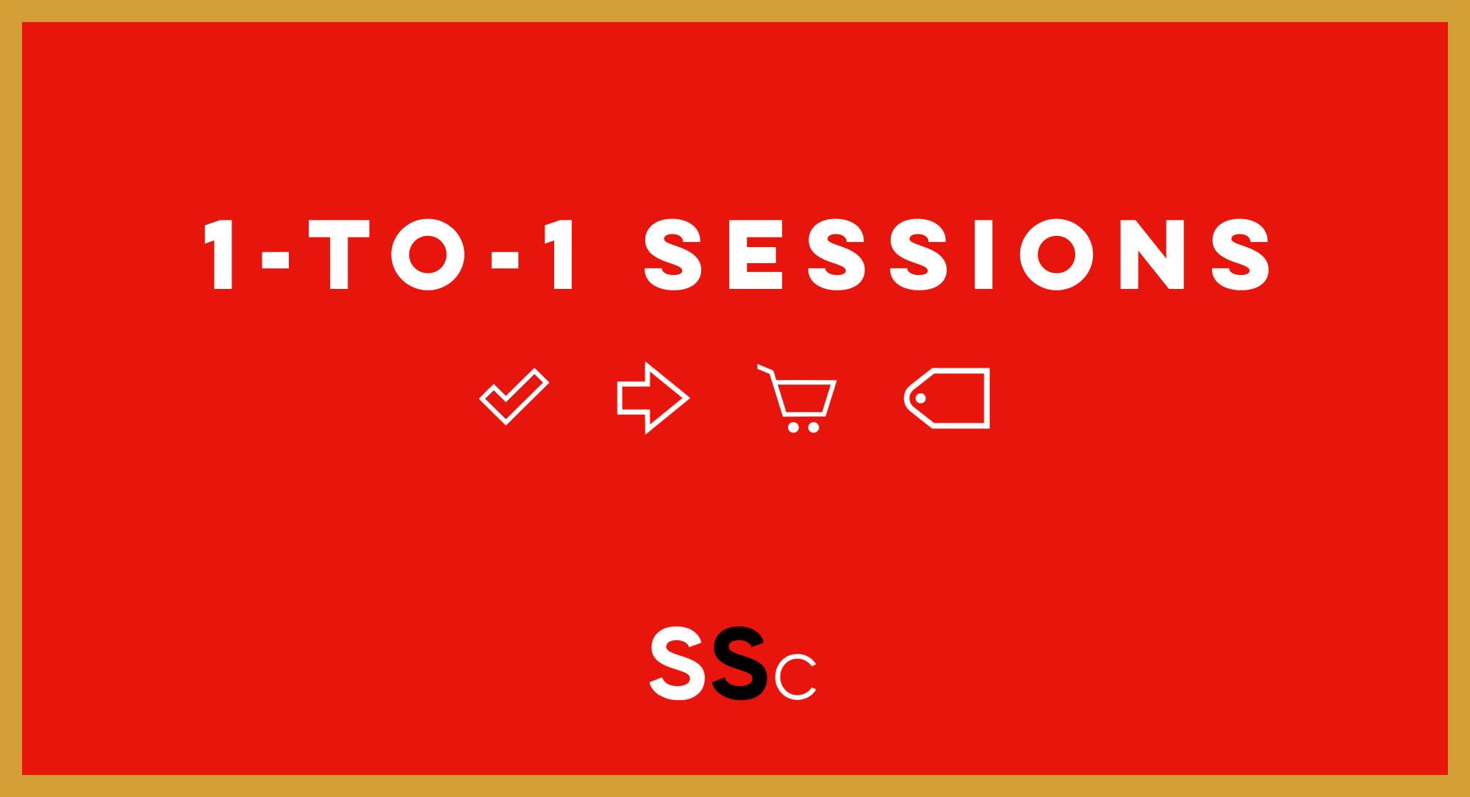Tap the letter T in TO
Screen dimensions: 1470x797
click(339, 254)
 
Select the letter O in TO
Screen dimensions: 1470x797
click(428, 254)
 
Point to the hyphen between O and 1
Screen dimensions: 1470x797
click(505, 260)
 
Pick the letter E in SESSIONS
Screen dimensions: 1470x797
click(756, 254)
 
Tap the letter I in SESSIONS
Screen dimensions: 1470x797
click(983, 254)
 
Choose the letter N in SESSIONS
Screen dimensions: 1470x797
click(1152, 254)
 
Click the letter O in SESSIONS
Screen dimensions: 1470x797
click(1057, 254)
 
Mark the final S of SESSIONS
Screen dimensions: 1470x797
click(1240, 254)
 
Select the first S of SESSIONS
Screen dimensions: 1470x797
click(673, 254)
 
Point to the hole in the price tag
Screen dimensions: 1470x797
click(920, 398)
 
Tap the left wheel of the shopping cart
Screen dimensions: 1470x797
click(793, 427)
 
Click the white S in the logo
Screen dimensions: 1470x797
click(677, 663)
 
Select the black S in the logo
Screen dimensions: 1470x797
click(739, 663)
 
